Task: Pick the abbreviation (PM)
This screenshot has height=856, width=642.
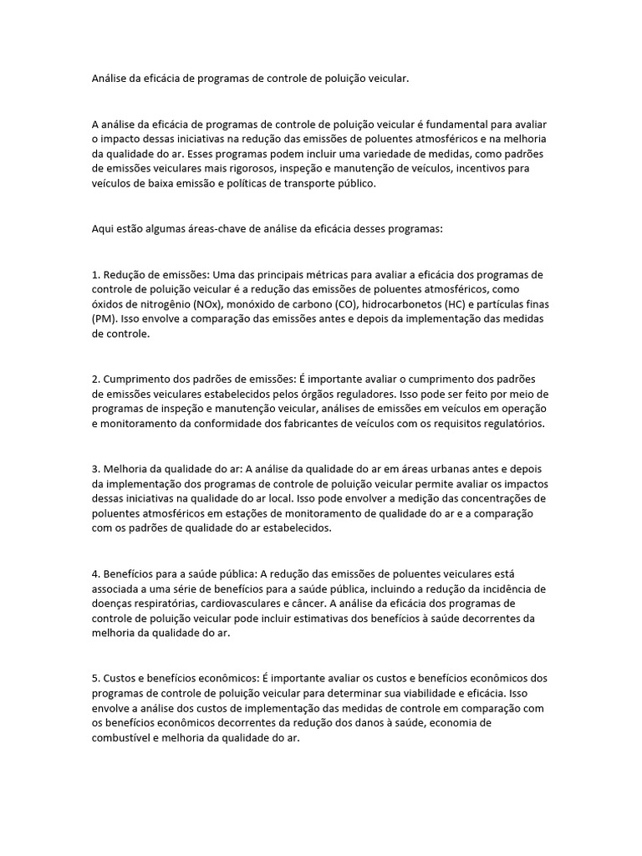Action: (x=104, y=319)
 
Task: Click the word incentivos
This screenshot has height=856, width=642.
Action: (x=488, y=168)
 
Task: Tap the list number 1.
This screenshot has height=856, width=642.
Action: (x=95, y=274)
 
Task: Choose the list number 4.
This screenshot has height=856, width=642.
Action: (x=95, y=573)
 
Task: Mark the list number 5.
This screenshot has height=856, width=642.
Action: (x=95, y=678)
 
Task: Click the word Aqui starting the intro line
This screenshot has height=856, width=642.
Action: (x=103, y=228)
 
